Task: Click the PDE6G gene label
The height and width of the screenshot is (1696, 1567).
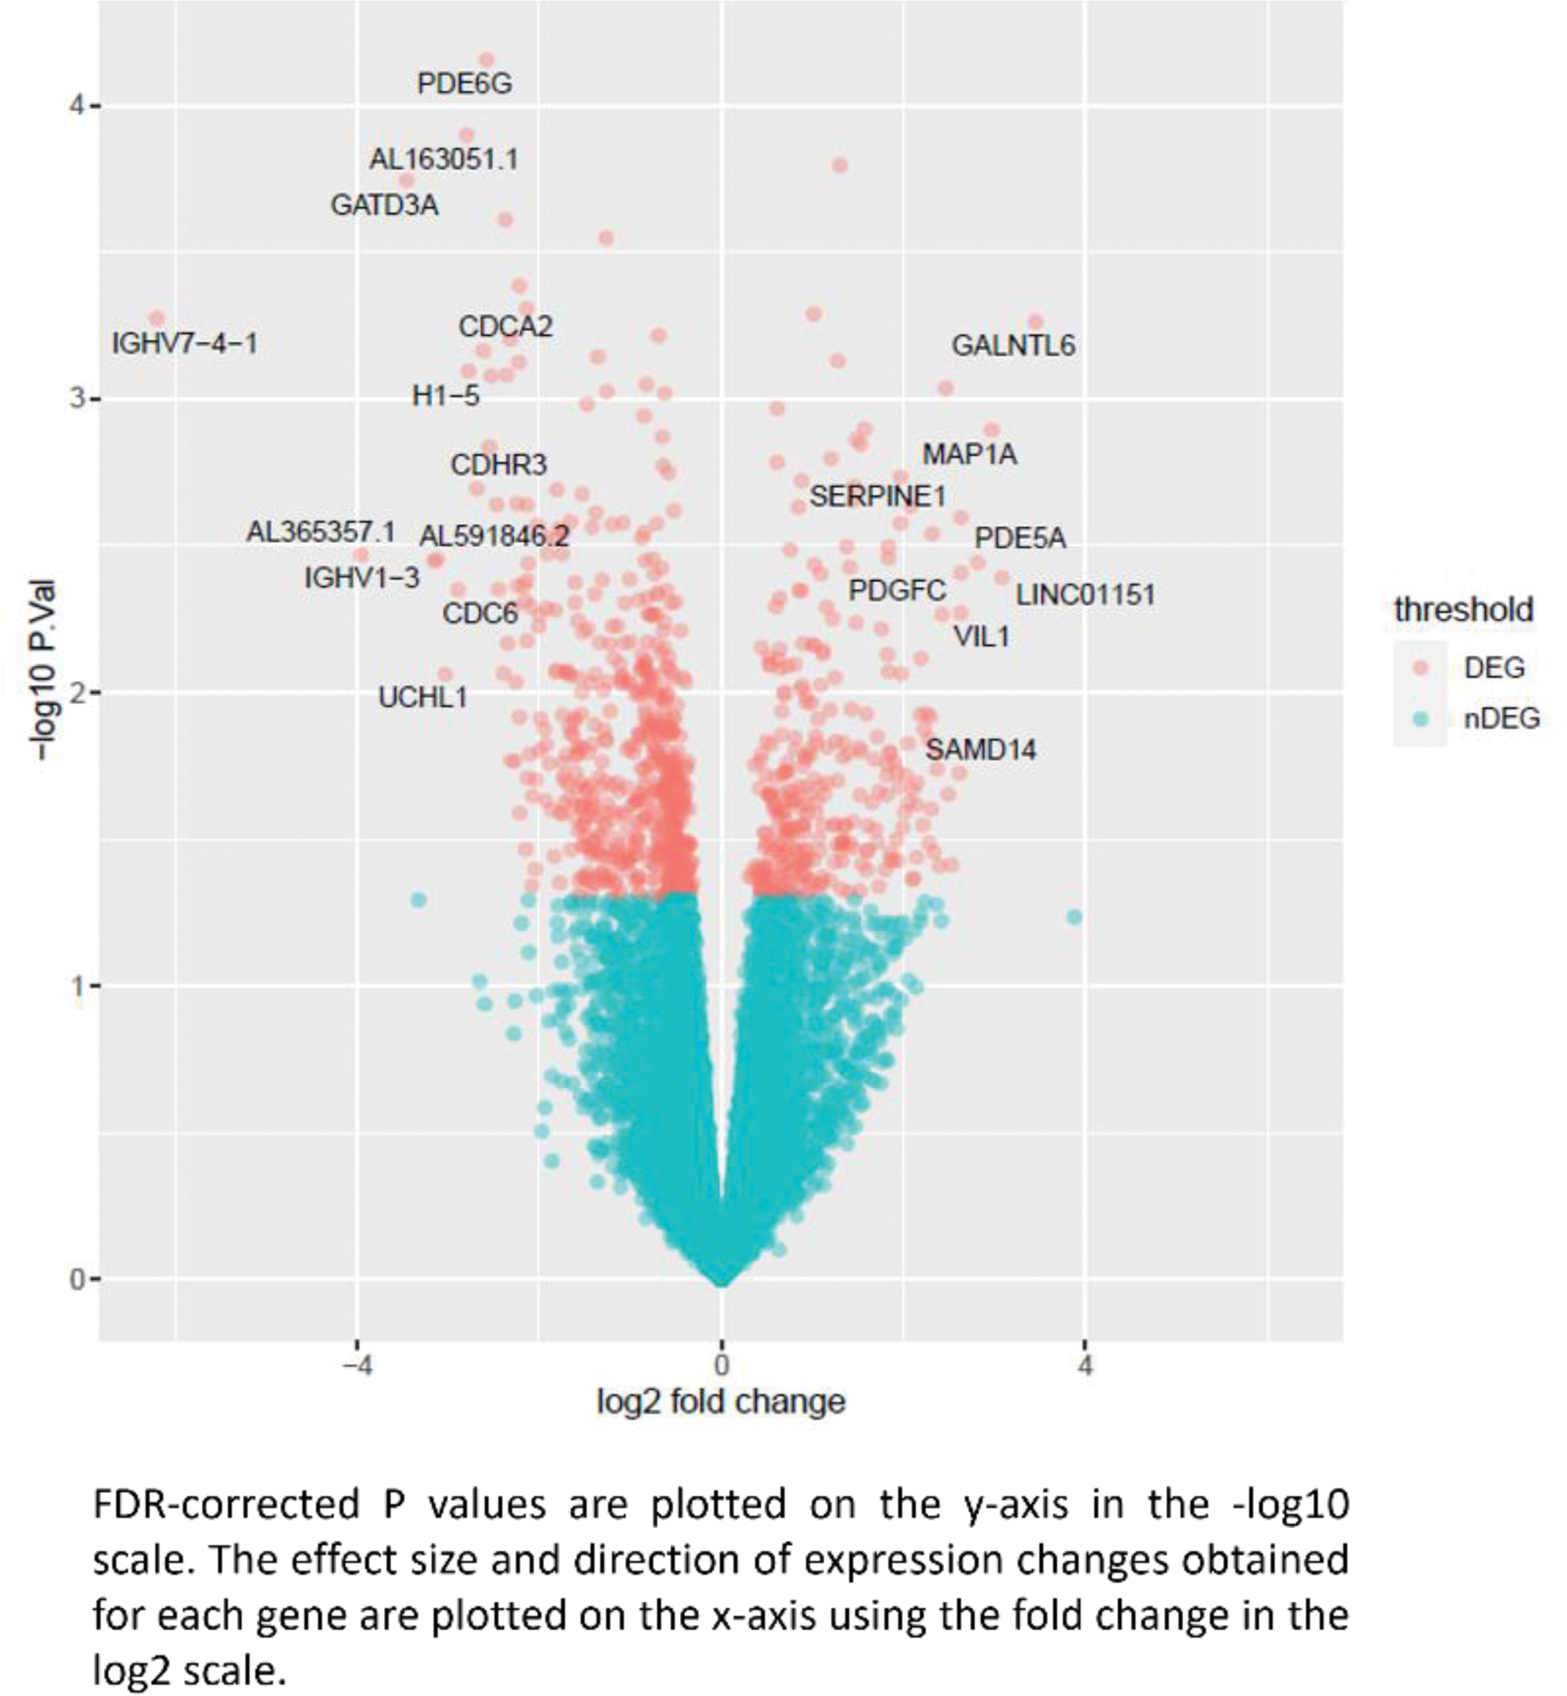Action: (464, 84)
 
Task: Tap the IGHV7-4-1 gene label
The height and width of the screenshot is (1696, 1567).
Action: (185, 344)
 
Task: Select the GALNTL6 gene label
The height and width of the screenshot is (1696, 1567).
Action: (1013, 346)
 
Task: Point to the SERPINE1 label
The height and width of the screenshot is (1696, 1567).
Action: (878, 496)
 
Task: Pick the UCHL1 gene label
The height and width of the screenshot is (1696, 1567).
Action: (422, 698)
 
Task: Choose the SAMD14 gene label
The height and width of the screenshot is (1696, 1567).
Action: (980, 750)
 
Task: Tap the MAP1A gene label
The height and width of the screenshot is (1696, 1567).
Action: (969, 454)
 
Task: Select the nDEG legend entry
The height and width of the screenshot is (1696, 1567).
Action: (1501, 719)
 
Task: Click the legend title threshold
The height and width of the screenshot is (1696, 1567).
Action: (1463, 610)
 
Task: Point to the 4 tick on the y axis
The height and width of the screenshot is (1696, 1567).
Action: (78, 106)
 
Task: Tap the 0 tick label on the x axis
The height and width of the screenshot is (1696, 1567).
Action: (721, 1366)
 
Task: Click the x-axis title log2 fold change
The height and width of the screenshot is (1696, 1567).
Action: (721, 1402)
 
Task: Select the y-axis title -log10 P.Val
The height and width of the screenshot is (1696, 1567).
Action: (43, 670)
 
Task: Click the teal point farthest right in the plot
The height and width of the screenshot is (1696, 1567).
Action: (1074, 916)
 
